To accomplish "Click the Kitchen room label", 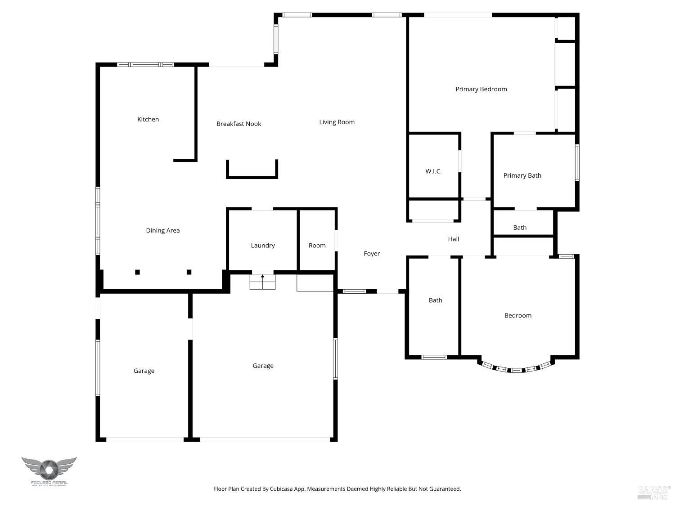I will (148, 119).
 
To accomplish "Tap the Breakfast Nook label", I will (238, 124).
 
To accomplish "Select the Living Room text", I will (337, 122).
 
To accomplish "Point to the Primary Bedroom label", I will (481, 89).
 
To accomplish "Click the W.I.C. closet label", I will (433, 171).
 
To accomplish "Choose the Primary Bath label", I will (522, 175).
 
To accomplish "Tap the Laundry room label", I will (263, 245).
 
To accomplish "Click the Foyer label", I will (372, 254).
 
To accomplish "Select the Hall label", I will (454, 239).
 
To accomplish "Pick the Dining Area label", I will (162, 230).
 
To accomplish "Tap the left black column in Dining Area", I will (137, 272).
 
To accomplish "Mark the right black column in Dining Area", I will (189, 272).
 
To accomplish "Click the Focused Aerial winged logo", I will (49, 469).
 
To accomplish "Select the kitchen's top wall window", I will (146, 65).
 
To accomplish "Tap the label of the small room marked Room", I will (317, 245).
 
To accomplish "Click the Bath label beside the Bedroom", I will (435, 300).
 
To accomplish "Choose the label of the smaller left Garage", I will (144, 371).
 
